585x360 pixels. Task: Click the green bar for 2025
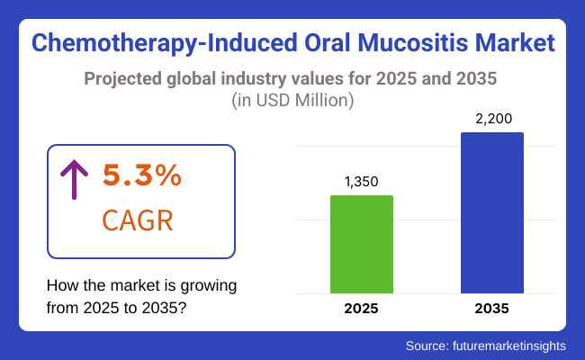click(x=362, y=244)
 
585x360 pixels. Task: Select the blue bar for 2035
click(x=492, y=212)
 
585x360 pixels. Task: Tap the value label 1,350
click(x=362, y=182)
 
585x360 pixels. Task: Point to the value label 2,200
click(x=492, y=119)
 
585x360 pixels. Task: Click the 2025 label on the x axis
click(x=362, y=309)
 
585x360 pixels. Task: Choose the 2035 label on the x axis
click(x=492, y=309)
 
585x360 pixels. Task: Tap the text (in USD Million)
click(x=292, y=100)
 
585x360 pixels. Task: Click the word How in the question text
click(x=62, y=286)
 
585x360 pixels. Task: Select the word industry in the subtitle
click(x=260, y=77)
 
